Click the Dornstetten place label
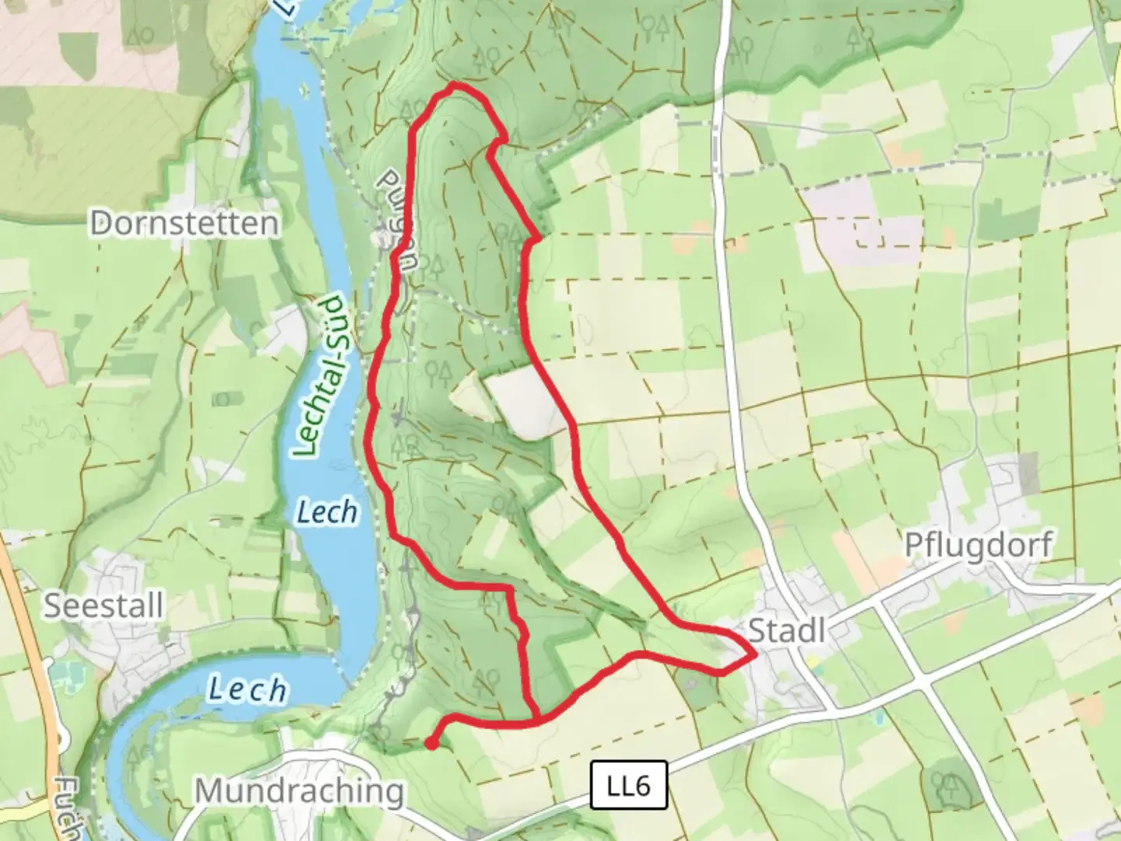[x=184, y=223]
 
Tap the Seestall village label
[x=103, y=606]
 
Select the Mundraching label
[x=299, y=791]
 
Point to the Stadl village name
[x=786, y=630]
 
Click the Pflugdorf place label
[x=979, y=545]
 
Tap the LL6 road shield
[x=628, y=786]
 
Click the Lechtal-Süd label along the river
[x=322, y=375]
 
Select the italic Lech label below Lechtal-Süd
[x=327, y=512]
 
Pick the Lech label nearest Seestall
[x=247, y=689]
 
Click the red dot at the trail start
[x=430, y=744]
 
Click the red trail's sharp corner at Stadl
[x=754, y=656]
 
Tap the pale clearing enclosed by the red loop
[x=526, y=401]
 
